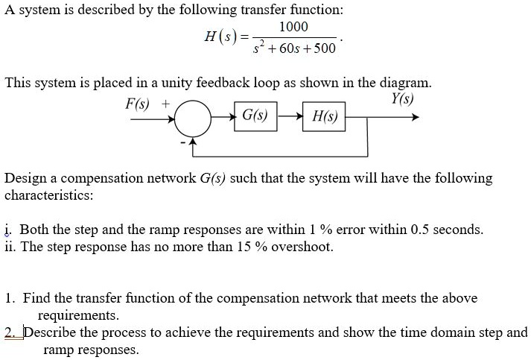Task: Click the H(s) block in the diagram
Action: tap(324, 117)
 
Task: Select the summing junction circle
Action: tap(192, 117)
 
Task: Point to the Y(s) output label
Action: tap(403, 98)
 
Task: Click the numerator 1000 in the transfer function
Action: tap(293, 27)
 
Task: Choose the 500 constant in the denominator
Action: tap(325, 48)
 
